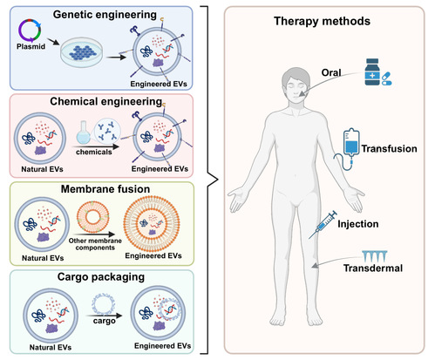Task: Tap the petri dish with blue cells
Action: point(81,52)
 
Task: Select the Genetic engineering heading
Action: point(105,15)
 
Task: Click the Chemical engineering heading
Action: point(106,101)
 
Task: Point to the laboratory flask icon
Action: point(84,132)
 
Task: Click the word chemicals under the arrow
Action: point(94,152)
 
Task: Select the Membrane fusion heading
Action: point(105,189)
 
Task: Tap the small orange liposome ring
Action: point(92,217)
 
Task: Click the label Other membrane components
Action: point(95,244)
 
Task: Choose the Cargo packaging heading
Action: point(101,277)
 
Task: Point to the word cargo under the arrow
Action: point(105,321)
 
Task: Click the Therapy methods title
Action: point(322,21)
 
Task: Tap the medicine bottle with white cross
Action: point(372,72)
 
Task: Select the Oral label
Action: point(331,72)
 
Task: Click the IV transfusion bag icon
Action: point(351,142)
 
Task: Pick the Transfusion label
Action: point(390,148)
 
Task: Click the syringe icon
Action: point(323,225)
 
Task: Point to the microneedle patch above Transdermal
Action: point(375,256)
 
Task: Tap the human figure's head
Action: point(296,85)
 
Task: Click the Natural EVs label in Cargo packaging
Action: point(51,347)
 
